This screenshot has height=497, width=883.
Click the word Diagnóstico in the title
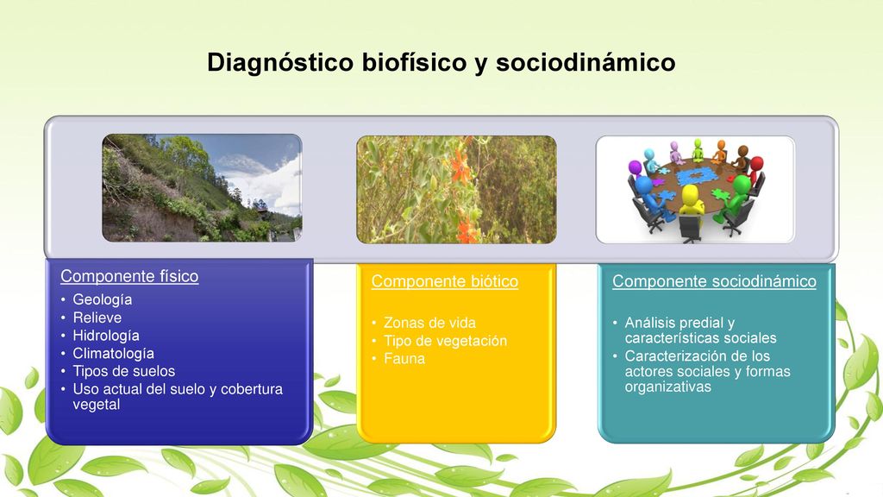[x=280, y=62]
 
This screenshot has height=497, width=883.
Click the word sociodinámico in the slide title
[x=586, y=62]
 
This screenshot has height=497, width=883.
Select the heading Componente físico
[x=129, y=276]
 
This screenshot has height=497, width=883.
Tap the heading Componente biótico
[x=445, y=281]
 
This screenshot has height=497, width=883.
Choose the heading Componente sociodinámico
[x=714, y=281]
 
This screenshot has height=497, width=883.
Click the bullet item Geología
[x=103, y=299]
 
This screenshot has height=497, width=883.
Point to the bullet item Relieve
[x=97, y=318]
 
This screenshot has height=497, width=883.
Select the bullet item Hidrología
[x=106, y=336]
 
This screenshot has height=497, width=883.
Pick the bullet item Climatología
[x=113, y=354]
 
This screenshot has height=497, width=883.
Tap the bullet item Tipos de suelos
[x=124, y=371]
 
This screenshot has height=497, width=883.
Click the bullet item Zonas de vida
[x=429, y=323]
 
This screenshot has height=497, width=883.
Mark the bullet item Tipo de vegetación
[x=446, y=341]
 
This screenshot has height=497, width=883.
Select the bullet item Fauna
[x=404, y=359]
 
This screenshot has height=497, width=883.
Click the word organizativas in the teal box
[x=668, y=387]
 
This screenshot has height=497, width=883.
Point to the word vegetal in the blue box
[x=97, y=405]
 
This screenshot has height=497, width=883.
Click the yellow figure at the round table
[x=691, y=204]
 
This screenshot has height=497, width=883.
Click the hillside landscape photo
[x=202, y=187]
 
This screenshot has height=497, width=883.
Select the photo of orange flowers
[x=457, y=189]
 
